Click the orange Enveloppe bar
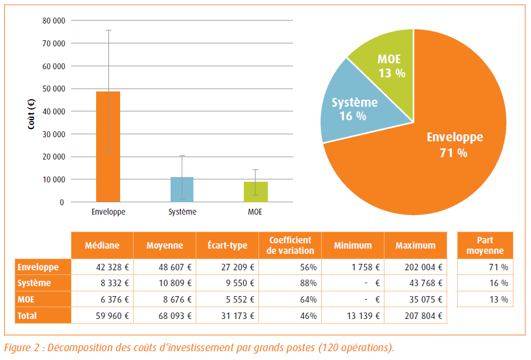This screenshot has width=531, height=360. [x=108, y=147]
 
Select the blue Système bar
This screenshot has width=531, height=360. [x=182, y=189]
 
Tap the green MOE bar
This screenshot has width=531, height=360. [x=256, y=192]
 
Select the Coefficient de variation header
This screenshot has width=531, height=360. [x=291, y=246]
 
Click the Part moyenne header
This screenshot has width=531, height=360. [x=485, y=246]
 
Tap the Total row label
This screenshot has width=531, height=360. [x=28, y=315]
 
